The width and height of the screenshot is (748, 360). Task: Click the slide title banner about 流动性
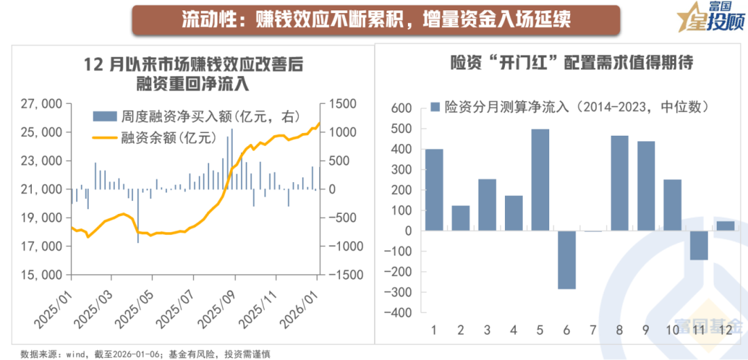click(x=375, y=19)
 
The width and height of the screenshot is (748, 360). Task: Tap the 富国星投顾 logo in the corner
click(x=707, y=19)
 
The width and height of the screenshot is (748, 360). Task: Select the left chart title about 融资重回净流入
click(x=193, y=74)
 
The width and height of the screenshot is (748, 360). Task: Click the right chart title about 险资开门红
click(x=560, y=64)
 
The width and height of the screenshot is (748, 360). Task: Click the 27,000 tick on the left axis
click(x=44, y=104)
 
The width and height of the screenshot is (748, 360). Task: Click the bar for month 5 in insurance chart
click(x=540, y=179)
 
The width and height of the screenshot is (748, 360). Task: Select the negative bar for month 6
click(x=567, y=260)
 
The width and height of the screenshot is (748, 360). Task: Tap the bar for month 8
click(x=620, y=183)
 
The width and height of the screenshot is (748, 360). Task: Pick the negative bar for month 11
click(x=699, y=245)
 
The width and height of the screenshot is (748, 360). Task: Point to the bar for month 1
click(x=434, y=190)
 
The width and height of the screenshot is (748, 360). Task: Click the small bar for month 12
click(x=725, y=226)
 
